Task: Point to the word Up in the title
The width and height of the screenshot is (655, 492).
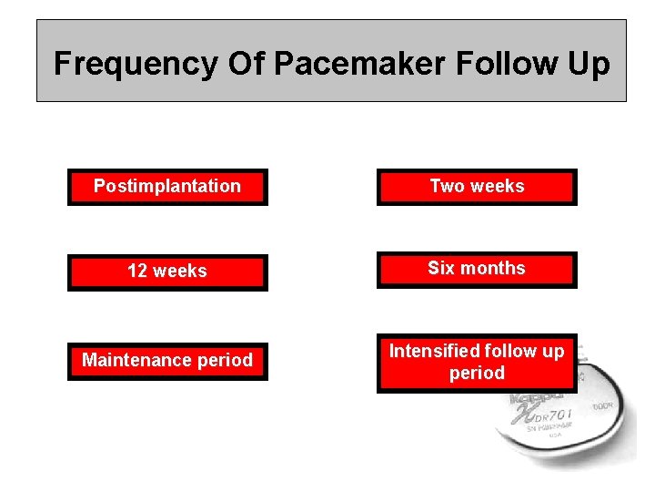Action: (589, 64)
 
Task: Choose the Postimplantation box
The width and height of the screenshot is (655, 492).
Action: (167, 187)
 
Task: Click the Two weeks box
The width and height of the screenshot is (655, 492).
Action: (477, 187)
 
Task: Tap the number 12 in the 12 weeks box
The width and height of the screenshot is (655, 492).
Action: (137, 272)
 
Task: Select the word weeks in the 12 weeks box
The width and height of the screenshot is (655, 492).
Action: (180, 272)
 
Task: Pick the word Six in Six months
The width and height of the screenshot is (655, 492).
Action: (442, 268)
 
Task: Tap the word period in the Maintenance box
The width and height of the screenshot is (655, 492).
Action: (226, 360)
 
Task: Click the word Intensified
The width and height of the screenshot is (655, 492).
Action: (434, 351)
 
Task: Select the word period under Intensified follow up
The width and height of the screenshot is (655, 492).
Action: (477, 373)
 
